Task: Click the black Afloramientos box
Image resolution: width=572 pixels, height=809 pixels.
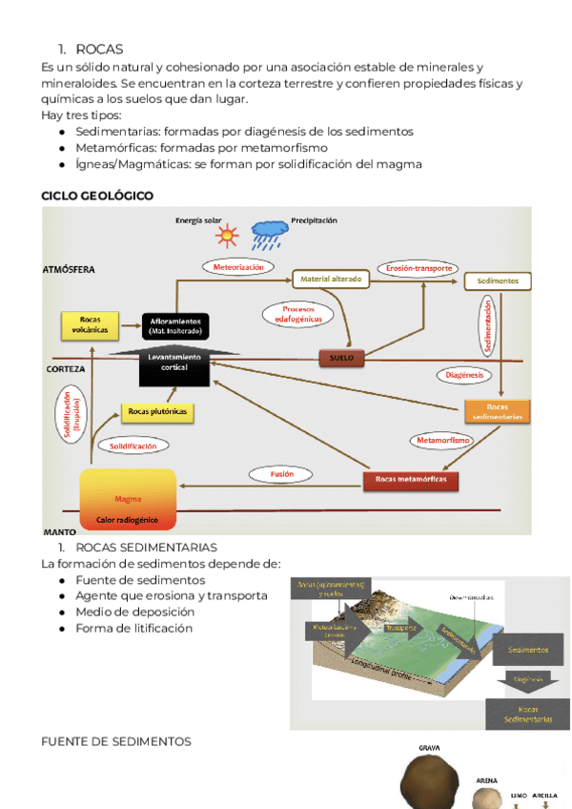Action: pyautogui.click(x=174, y=326)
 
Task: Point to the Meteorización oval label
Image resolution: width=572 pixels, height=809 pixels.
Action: pyautogui.click(x=237, y=267)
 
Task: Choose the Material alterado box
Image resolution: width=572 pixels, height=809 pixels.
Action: pyautogui.click(x=330, y=279)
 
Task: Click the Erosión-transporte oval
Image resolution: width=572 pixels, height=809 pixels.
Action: pyautogui.click(x=419, y=268)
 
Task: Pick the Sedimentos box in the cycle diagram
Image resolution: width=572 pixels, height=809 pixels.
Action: pyautogui.click(x=498, y=281)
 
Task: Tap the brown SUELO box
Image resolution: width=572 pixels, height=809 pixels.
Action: pyautogui.click(x=340, y=358)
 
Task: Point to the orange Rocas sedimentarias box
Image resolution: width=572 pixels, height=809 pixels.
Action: pyautogui.click(x=497, y=411)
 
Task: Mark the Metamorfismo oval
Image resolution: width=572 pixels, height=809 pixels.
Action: pyautogui.click(x=442, y=441)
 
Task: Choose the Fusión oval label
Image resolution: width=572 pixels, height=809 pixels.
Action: pyautogui.click(x=281, y=473)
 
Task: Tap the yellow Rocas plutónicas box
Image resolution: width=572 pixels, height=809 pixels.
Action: pyautogui.click(x=156, y=412)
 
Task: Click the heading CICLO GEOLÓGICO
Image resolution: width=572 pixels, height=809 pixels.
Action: pyautogui.click(x=97, y=196)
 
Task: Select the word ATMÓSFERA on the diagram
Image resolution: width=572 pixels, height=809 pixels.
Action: pyautogui.click(x=69, y=270)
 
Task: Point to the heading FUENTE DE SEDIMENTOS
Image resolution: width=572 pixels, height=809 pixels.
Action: pyautogui.click(x=116, y=741)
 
